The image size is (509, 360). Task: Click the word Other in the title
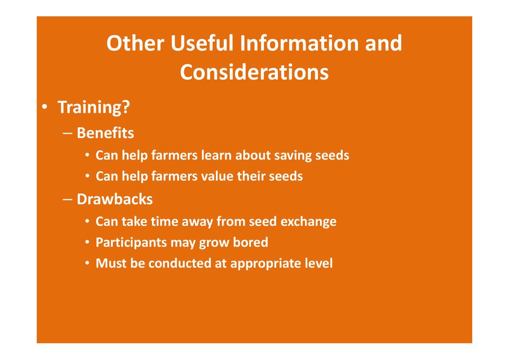point(135,43)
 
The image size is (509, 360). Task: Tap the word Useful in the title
point(202,43)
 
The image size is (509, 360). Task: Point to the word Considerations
point(254,72)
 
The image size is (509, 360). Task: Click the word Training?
point(94,107)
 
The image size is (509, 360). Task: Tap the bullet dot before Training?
point(45,107)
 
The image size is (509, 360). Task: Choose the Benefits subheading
point(105,133)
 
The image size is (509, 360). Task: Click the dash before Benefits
point(68,133)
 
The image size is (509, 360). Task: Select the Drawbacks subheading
point(115,199)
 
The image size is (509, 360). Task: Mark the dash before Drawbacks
point(68,199)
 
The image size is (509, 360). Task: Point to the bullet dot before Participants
point(87,243)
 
